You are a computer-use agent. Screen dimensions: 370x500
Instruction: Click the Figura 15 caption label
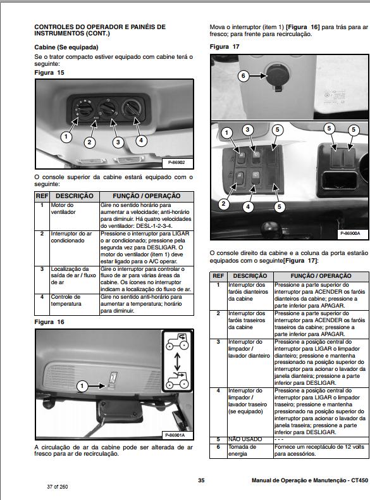[x=49, y=73]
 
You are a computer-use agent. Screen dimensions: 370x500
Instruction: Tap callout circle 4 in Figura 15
[x=141, y=140]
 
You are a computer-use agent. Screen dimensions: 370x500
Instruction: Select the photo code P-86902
[x=176, y=162]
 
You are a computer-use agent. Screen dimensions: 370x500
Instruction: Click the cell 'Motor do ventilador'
[x=75, y=216]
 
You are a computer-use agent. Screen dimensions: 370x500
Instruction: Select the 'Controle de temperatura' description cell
[x=75, y=304]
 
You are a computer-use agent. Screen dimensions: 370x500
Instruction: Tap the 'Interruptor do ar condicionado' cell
[x=75, y=247]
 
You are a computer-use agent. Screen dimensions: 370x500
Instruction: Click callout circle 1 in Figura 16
[x=82, y=386]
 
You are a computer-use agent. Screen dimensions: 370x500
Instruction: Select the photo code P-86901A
[x=175, y=435]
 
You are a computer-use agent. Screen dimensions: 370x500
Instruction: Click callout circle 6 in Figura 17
[x=244, y=76]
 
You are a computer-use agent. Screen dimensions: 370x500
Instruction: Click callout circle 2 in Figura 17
[x=223, y=203]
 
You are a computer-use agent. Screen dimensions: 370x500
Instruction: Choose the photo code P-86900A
[x=350, y=233]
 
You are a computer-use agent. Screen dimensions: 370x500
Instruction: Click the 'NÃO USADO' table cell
[x=250, y=439]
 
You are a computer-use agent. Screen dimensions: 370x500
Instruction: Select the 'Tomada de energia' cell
[x=250, y=450]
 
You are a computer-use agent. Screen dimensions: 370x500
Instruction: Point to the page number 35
[x=201, y=480]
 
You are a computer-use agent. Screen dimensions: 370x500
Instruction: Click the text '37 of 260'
[x=58, y=487]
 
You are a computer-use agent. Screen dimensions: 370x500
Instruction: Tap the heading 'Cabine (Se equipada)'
[x=66, y=47]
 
